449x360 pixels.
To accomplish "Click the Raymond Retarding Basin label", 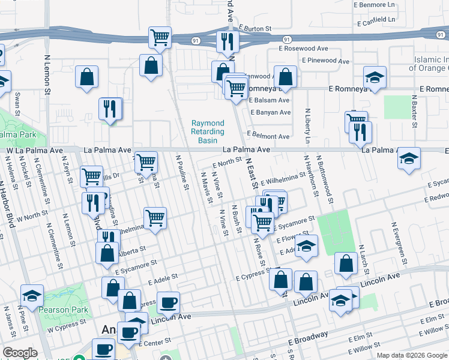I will [x=208, y=131].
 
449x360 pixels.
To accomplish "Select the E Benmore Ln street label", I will [x=376, y=4].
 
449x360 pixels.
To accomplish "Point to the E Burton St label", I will [x=256, y=28].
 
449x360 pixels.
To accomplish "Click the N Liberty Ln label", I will [x=307, y=125].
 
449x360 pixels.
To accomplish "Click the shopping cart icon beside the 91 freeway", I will [x=160, y=37].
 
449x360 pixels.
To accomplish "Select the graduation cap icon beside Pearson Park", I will [x=32, y=295].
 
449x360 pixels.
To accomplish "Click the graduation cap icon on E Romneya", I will [x=375, y=77].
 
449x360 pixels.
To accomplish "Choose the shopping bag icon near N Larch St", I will [x=346, y=263].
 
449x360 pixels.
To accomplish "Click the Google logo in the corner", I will [x=20, y=353].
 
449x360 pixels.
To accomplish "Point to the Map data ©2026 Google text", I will [x=412, y=355].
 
